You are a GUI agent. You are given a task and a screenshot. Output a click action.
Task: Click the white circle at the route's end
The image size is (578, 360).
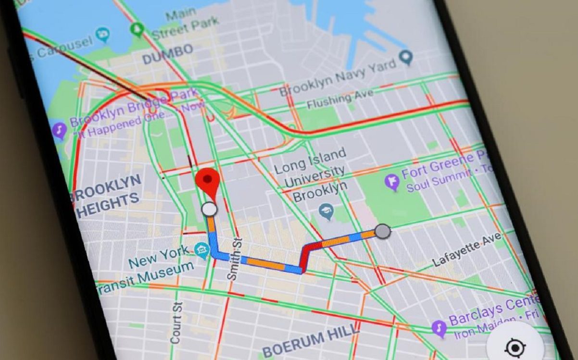(x=209, y=209)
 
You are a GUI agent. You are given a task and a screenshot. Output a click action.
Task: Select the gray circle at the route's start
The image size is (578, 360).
(x=382, y=231)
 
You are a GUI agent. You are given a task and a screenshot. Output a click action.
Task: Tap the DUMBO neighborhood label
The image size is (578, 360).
(x=168, y=54)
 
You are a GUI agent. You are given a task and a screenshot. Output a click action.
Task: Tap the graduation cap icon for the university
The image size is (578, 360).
(x=327, y=211)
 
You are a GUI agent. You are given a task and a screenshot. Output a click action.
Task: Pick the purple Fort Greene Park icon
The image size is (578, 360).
(x=392, y=182)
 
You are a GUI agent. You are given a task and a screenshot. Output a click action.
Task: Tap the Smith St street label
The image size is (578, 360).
(x=234, y=260)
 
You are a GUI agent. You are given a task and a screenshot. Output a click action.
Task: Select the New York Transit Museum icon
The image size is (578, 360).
(x=201, y=249)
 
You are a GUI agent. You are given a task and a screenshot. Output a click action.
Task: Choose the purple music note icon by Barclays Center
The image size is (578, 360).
(x=439, y=328)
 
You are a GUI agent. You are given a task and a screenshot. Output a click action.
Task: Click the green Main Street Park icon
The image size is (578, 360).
(x=138, y=30)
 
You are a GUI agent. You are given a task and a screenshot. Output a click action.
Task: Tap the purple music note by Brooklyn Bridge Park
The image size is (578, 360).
(x=59, y=130)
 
